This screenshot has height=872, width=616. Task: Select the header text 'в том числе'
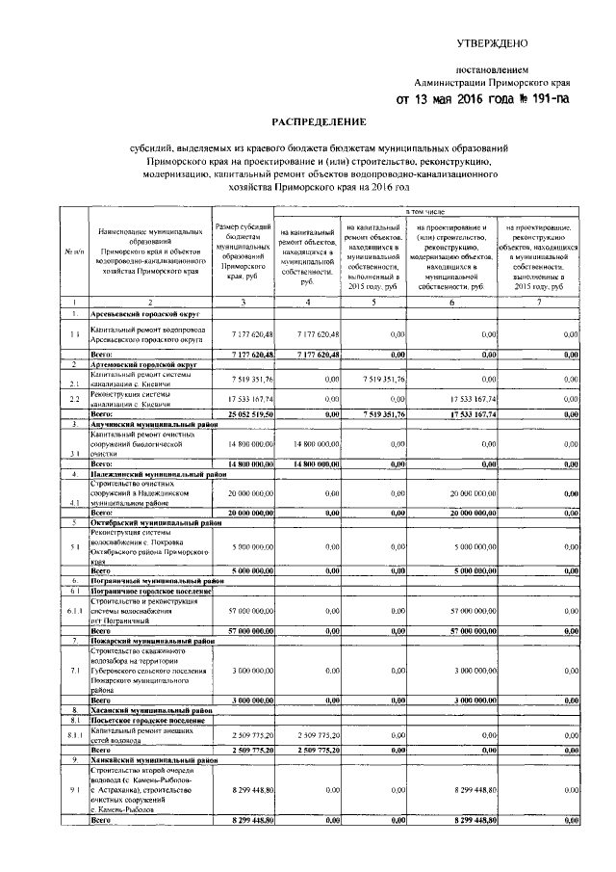pos(423,209)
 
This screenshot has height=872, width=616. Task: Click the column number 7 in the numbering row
pos(540,303)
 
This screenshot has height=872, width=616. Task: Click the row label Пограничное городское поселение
pos(150,591)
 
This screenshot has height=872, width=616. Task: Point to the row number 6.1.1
pos(73,611)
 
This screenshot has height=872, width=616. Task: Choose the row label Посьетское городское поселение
pos(148,718)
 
